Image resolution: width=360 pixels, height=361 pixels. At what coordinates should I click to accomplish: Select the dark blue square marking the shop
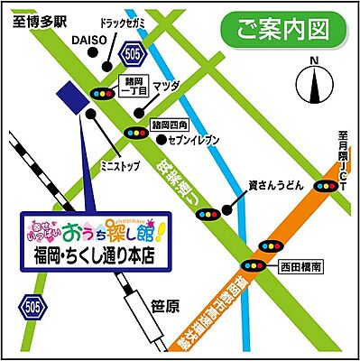[66, 94]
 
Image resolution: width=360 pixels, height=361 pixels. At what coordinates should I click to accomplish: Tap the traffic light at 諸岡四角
[137, 133]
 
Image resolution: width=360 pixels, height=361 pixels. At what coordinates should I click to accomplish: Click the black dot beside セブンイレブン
[161, 140]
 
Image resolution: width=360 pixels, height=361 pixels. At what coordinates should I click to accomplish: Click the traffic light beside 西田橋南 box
[254, 267]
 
